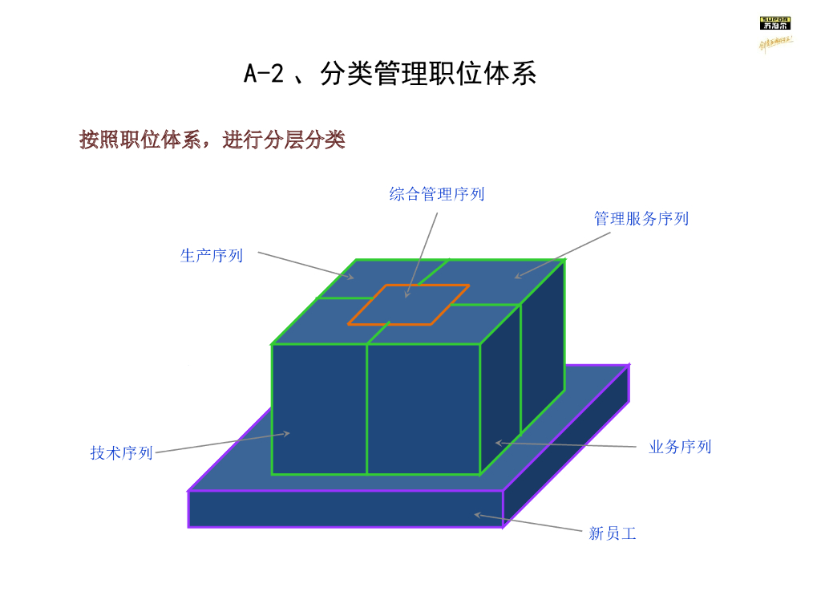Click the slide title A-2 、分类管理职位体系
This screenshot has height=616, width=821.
pos(390,74)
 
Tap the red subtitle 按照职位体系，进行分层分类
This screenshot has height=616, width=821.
pos(212,140)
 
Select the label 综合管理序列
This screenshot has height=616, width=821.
pos(437,193)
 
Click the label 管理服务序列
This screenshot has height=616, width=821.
pos(641,218)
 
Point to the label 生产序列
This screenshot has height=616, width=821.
pos(212,256)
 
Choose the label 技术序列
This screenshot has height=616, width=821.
pos(121,453)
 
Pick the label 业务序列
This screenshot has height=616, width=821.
pos(680,447)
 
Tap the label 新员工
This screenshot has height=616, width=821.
pos(613,533)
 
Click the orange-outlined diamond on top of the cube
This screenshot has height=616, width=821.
pos(409,305)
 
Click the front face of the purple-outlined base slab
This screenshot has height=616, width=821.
pos(346,509)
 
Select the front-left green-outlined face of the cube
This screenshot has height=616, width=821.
pos(319,409)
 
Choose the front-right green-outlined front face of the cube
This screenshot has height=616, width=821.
pos(423,409)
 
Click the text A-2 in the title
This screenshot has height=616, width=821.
pos(264,74)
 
